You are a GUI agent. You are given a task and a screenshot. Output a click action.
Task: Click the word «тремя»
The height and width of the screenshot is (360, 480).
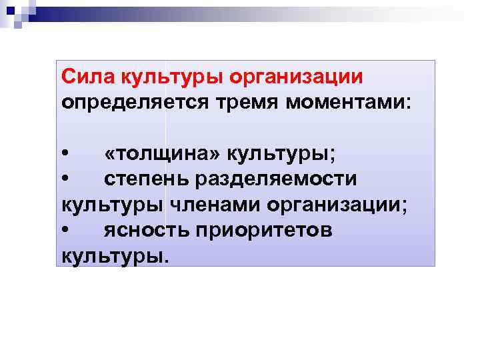(243, 103)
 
